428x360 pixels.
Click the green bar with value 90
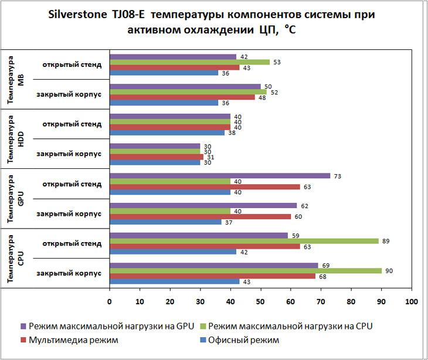[245, 270]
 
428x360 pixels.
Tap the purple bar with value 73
[220, 175]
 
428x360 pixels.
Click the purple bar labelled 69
[213, 265]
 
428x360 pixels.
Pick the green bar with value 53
[189, 62]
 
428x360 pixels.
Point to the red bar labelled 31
[157, 157]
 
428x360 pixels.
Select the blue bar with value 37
[165, 222]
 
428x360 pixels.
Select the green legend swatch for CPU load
[205, 325]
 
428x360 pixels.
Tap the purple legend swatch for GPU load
[22, 325]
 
